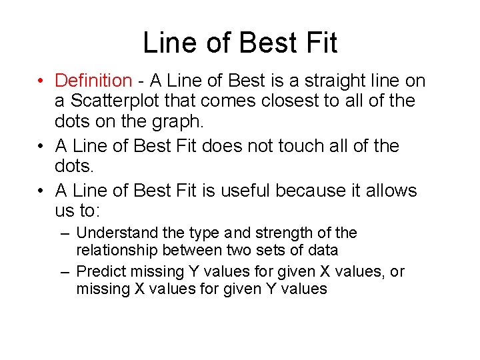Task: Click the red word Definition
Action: pyautogui.click(x=93, y=81)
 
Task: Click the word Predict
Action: pyautogui.click(x=100, y=272)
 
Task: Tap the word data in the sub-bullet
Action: pyautogui.click(x=323, y=251)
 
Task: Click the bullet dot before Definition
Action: pyautogui.click(x=41, y=81)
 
